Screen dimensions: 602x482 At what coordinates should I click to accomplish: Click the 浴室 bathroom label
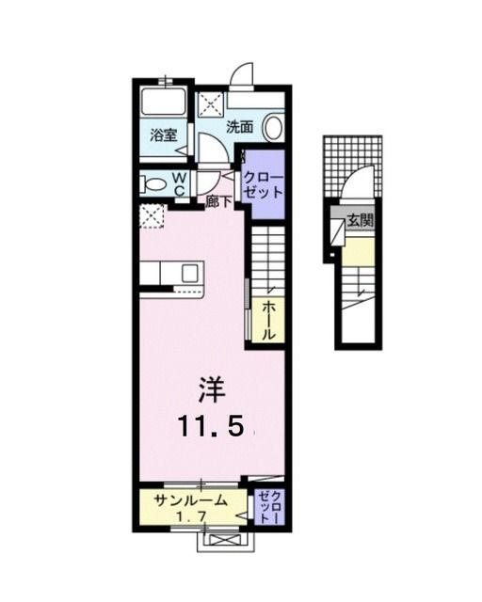coord(164,135)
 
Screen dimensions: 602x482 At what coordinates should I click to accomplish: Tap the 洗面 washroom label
coord(239,126)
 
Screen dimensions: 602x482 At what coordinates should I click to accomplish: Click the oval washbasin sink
coord(274,127)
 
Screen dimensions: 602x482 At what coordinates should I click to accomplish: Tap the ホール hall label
coord(268,320)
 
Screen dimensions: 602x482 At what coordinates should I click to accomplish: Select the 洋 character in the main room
coord(212,389)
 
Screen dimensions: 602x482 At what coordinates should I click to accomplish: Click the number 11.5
coord(214,427)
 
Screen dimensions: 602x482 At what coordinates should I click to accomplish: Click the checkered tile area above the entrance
coord(352,153)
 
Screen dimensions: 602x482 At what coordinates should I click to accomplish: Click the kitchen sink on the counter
coord(189,274)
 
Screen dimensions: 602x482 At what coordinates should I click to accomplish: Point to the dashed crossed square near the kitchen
coord(150,216)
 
